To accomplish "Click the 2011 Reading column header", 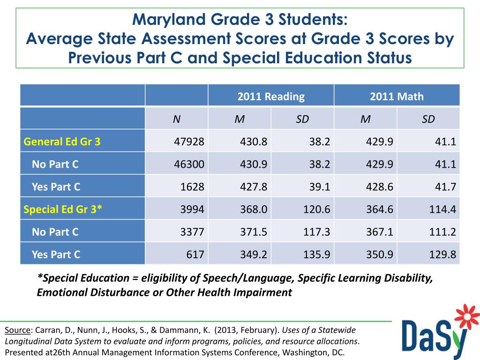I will tap(271, 97).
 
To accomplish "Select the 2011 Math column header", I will tap(397, 97).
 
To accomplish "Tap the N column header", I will tap(176, 119).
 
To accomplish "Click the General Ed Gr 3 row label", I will tap(62, 142).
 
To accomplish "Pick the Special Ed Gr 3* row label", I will tap(63, 210).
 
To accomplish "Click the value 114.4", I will tap(443, 210).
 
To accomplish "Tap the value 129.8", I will tap(443, 255).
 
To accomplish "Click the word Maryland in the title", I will tap(163, 20).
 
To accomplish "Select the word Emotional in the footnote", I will tap(60, 293).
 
